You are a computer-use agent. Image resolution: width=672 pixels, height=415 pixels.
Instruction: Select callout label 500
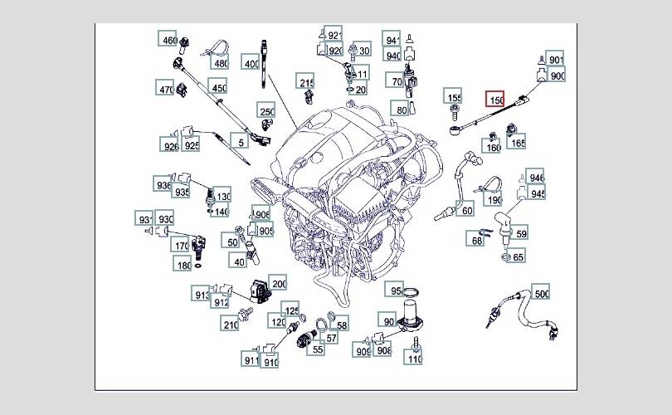pos(541,295)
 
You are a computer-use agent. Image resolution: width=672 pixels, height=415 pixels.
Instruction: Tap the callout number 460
pos(169,41)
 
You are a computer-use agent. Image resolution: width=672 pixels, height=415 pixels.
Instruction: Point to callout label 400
pos(251,63)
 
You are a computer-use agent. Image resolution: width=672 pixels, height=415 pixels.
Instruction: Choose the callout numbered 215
pos(307,83)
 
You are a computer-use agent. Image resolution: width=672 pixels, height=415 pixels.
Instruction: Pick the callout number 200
pos(279,284)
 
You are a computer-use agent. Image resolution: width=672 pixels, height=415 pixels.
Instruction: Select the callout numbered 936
pos(163,184)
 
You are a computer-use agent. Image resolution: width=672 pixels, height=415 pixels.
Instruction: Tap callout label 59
pos(521,234)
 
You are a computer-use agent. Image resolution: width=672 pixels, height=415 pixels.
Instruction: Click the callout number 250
pos(265,112)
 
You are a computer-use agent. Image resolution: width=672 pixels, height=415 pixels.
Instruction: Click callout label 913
pos(202,295)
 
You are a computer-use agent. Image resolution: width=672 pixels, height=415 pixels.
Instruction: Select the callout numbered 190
pos(494,200)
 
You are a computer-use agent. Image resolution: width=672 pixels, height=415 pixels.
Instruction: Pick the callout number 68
pos(477,241)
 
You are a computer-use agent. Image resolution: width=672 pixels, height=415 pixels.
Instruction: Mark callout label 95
pos(397,291)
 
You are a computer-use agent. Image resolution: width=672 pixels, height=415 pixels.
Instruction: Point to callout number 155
pos(454,98)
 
